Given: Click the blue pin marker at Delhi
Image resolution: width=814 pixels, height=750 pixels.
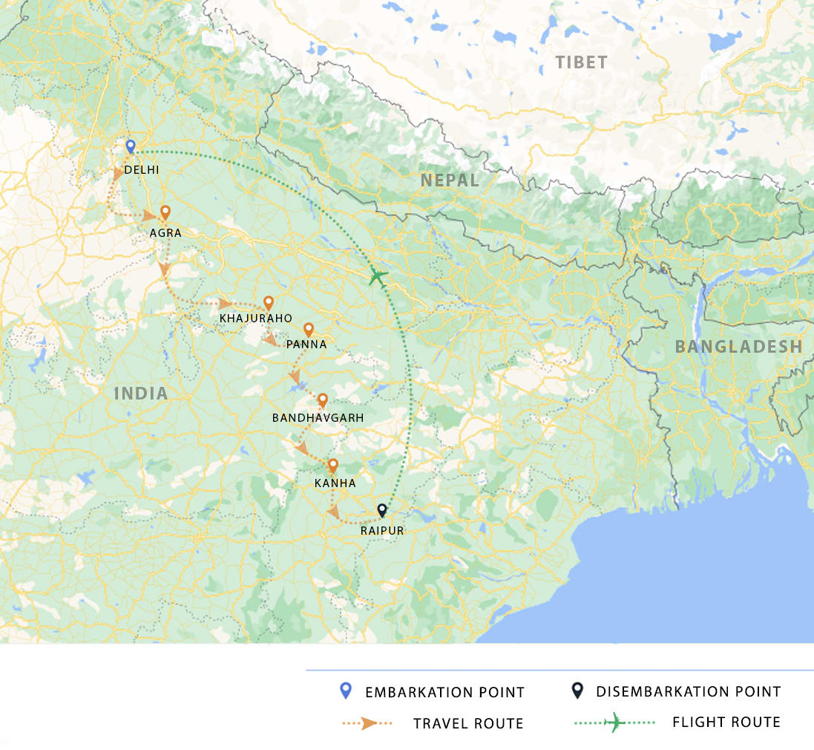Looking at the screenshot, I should [131, 146].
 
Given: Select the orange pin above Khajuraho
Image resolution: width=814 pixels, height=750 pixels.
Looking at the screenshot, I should [269, 303].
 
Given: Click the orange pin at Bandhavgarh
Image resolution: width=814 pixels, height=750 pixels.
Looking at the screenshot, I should [323, 400].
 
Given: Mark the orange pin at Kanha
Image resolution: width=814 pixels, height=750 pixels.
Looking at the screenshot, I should [332, 466].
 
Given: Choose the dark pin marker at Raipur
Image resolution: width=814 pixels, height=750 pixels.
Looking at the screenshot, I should [382, 510].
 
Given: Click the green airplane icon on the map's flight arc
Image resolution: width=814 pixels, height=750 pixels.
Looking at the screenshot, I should [378, 277].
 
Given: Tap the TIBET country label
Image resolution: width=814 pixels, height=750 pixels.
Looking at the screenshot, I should [582, 62].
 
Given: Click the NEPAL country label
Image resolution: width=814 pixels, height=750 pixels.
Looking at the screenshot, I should [450, 180].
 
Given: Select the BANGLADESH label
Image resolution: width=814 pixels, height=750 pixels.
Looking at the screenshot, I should [738, 346].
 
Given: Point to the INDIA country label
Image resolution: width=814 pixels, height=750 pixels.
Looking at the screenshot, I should [141, 394].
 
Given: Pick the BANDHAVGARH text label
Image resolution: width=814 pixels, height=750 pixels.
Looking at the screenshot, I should [318, 418].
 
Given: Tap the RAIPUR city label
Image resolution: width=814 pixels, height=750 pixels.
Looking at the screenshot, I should [382, 530].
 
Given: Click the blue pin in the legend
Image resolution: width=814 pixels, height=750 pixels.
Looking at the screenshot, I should [344, 691].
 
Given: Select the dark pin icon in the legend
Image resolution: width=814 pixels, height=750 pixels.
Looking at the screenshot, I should [575, 691].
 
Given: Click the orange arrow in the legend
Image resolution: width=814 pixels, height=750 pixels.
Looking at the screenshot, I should [369, 723].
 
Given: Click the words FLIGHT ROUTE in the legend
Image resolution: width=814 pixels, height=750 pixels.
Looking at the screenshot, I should [726, 722].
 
